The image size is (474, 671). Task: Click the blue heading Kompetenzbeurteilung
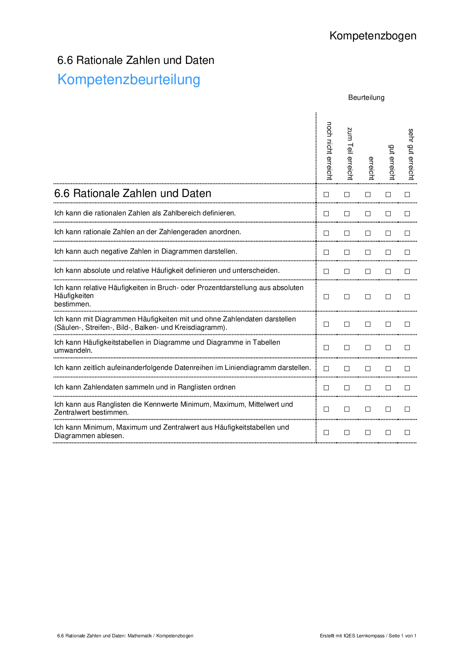pyautogui.click(x=129, y=80)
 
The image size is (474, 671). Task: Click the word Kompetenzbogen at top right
pyautogui.click(x=373, y=36)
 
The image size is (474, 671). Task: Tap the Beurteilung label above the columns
pyautogui.click(x=366, y=98)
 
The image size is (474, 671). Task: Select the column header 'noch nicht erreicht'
pyautogui.click(x=329, y=151)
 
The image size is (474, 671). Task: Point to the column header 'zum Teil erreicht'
pyautogui.click(x=350, y=153)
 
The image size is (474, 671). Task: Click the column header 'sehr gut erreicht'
pyautogui.click(x=411, y=154)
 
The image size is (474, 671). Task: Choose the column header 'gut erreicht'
pyautogui.click(x=391, y=162)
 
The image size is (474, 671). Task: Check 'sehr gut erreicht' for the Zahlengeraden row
pyautogui.click(x=407, y=233)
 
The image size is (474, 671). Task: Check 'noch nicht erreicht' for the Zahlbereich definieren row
pyautogui.click(x=326, y=214)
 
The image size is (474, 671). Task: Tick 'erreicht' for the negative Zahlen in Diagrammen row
pyautogui.click(x=368, y=252)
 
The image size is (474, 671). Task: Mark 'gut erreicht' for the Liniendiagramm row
pyautogui.click(x=388, y=368)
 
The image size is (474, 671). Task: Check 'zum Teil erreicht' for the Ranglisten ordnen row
pyautogui.click(x=347, y=388)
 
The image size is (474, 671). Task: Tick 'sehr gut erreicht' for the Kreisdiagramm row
pyautogui.click(x=407, y=324)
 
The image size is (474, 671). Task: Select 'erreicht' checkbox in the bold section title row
pyautogui.click(x=368, y=194)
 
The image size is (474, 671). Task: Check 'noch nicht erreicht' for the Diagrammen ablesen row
pyautogui.click(x=326, y=432)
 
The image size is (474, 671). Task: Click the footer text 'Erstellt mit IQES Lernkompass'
pyautogui.click(x=352, y=636)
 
